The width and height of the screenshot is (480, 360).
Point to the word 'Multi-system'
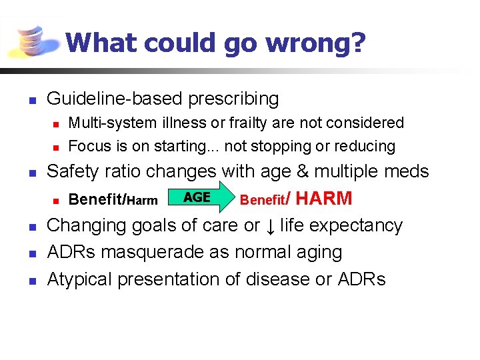(x=111, y=123)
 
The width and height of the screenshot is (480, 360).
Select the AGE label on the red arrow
(x=197, y=197)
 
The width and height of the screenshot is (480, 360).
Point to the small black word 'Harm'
(x=142, y=201)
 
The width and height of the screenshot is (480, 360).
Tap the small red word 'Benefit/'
(x=265, y=199)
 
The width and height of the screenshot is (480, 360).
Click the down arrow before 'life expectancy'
(x=270, y=226)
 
